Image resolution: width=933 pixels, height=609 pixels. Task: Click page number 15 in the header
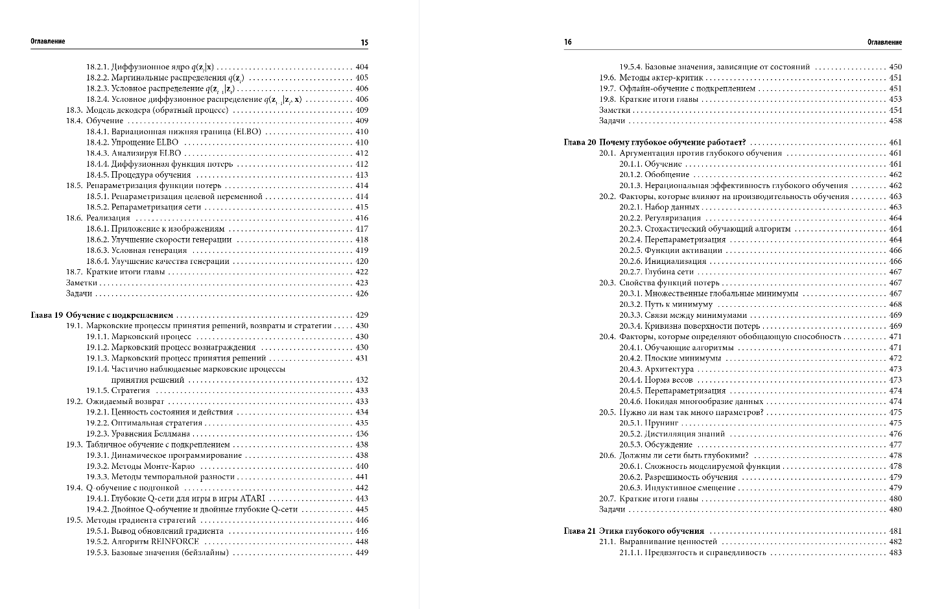click(364, 43)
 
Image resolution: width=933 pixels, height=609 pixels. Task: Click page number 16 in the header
click(568, 42)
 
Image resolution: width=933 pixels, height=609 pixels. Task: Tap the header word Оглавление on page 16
click(884, 42)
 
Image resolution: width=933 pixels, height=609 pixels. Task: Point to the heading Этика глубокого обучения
click(652, 531)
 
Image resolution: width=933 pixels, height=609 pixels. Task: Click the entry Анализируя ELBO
click(147, 153)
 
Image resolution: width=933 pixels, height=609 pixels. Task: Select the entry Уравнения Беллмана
click(150, 434)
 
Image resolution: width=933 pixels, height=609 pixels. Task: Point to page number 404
click(362, 67)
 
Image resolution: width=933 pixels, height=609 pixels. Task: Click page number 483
click(895, 553)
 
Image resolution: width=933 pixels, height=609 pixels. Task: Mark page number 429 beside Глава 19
click(362, 315)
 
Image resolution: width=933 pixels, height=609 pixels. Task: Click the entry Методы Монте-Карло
click(149, 466)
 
